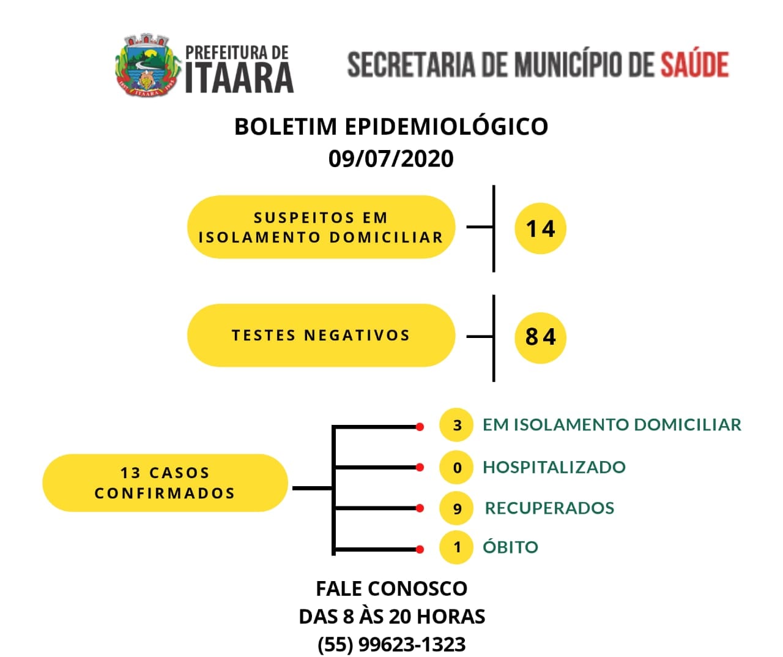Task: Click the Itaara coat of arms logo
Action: (147, 64)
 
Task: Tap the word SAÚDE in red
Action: (694, 64)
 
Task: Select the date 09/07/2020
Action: (391, 159)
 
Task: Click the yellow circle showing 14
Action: (540, 228)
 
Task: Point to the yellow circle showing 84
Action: (540, 337)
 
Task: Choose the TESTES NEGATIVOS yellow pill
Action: (321, 336)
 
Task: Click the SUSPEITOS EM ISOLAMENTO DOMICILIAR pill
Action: (321, 227)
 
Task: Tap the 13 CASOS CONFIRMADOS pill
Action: (165, 483)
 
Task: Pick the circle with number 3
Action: (456, 424)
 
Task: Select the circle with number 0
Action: (456, 467)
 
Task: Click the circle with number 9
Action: (456, 508)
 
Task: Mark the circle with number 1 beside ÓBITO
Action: (456, 547)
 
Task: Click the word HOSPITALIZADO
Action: (554, 467)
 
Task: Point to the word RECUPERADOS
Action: (550, 508)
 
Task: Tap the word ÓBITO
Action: (510, 546)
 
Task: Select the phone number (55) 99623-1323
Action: (391, 644)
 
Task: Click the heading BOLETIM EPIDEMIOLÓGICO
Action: (391, 126)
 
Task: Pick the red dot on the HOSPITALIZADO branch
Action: (420, 467)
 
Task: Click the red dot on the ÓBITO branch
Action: (420, 550)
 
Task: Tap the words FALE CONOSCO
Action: (391, 588)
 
